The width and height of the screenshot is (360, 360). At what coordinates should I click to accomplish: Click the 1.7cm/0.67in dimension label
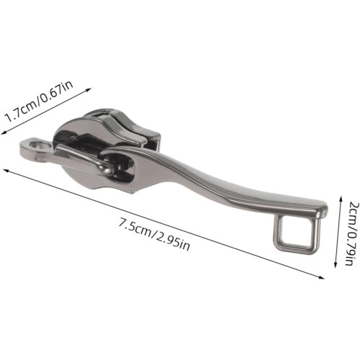point(39,102)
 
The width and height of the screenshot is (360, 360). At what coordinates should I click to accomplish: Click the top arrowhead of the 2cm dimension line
point(340,199)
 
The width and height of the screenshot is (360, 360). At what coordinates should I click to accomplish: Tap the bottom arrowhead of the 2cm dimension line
point(336,264)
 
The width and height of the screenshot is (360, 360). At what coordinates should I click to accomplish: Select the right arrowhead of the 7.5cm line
point(321,277)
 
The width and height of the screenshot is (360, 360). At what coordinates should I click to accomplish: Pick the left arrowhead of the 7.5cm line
point(6,171)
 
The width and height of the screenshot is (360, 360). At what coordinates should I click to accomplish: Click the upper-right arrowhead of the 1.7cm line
point(89,90)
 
